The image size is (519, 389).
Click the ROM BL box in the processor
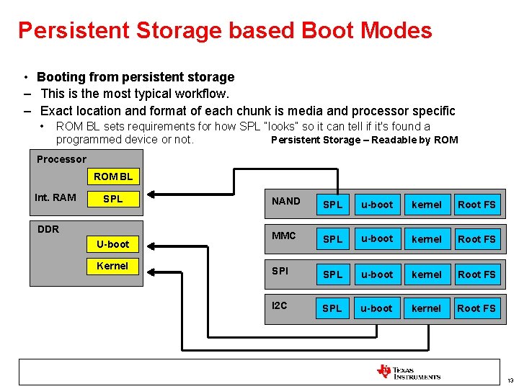tap(113, 176)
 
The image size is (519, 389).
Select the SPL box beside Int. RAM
tap(113, 198)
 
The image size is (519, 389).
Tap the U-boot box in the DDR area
tap(113, 244)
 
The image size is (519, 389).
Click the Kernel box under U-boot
tap(113, 266)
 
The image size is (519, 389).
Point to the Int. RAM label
tap(56, 197)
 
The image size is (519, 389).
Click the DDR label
tap(48, 229)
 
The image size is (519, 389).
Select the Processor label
tap(61, 159)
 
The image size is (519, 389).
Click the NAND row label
tap(286, 201)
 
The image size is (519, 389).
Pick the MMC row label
tap(284, 236)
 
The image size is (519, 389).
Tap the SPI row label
tap(280, 271)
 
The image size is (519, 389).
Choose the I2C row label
tap(280, 305)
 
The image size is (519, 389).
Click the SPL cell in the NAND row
tap(332, 205)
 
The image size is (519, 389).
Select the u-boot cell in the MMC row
tap(377, 238)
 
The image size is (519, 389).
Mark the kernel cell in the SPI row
tap(426, 274)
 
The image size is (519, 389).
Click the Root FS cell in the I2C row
tap(476, 308)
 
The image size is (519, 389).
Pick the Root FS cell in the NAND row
tap(476, 205)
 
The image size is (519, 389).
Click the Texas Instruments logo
tap(408, 372)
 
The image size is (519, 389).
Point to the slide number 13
tap(510, 380)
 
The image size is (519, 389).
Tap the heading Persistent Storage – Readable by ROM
tap(364, 140)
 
